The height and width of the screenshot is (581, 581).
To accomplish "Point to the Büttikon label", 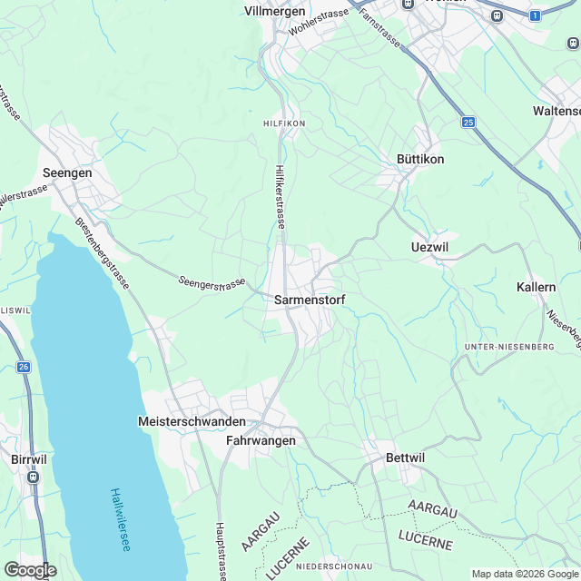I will pos(420,159).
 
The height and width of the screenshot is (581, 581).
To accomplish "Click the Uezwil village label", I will pos(429,247).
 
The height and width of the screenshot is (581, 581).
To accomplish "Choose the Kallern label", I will pos(536,287).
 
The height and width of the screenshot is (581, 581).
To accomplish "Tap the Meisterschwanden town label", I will pos(192,422).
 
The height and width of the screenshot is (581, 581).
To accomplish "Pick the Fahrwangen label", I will pos(261,440).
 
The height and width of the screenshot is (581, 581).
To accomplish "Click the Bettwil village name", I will pos(405,458).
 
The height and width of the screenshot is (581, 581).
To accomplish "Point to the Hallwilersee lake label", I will pos(121,518).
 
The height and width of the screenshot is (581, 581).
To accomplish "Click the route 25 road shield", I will pos(468,122).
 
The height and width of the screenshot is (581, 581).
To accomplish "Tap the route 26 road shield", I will pos(23,367).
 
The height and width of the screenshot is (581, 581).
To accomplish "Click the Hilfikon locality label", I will pos(283,123).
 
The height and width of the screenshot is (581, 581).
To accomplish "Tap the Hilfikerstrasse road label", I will pos(280,196).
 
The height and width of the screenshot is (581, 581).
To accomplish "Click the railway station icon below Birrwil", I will pos(34,476).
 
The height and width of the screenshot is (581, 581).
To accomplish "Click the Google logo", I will pos(29,569).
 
